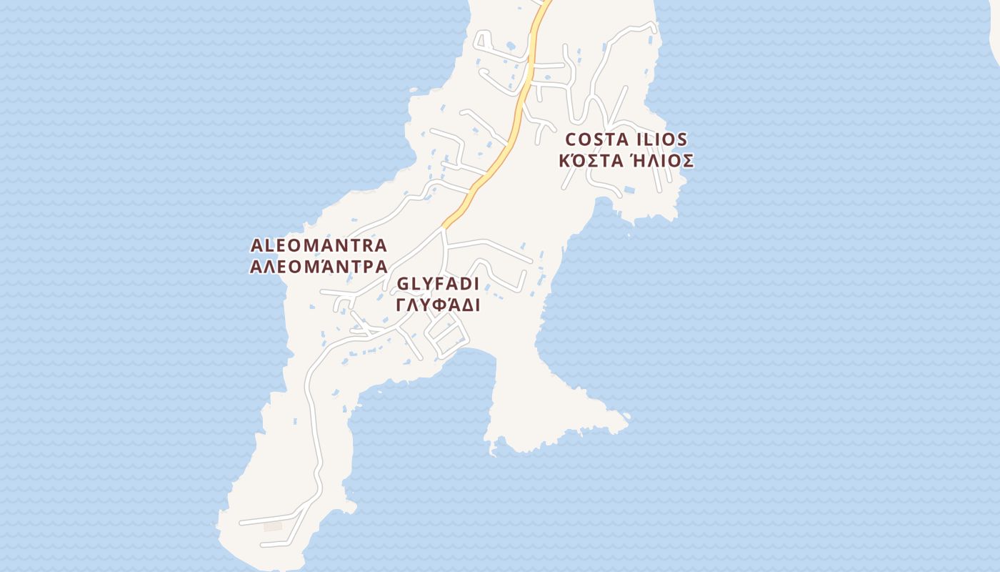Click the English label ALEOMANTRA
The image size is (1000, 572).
[319, 245]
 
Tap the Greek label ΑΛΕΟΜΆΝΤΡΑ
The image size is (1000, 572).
[319, 267]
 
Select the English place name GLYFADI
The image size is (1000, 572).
[438, 284]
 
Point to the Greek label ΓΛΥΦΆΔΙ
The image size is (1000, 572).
[438, 305]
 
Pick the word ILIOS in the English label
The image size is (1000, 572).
[661, 139]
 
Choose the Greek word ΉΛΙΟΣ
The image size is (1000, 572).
[662, 160]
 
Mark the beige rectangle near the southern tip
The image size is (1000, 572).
[273, 527]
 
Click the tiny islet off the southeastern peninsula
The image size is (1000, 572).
[626, 415]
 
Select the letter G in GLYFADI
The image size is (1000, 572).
[403, 284]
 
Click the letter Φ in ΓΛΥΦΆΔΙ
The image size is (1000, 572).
[437, 305]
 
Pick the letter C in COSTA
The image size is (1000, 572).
[571, 139]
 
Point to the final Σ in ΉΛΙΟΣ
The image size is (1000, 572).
[687, 160]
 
